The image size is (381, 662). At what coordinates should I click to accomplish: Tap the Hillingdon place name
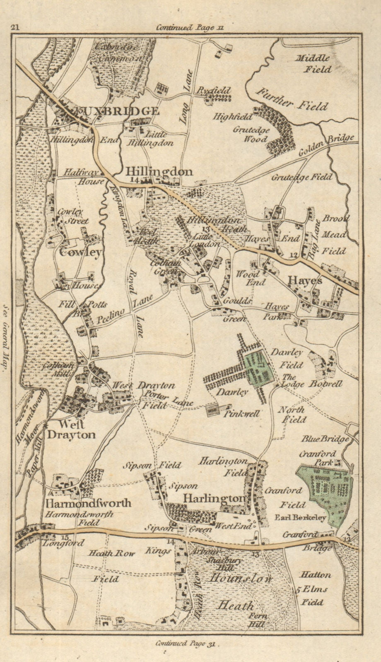pyautogui.click(x=159, y=171)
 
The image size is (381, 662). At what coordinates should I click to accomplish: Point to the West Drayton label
pyautogui.click(x=71, y=429)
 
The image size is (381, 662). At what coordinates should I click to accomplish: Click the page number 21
pyautogui.click(x=16, y=28)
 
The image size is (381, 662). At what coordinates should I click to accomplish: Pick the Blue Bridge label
pyautogui.click(x=331, y=439)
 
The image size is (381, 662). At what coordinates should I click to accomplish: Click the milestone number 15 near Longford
pyautogui.click(x=45, y=537)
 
